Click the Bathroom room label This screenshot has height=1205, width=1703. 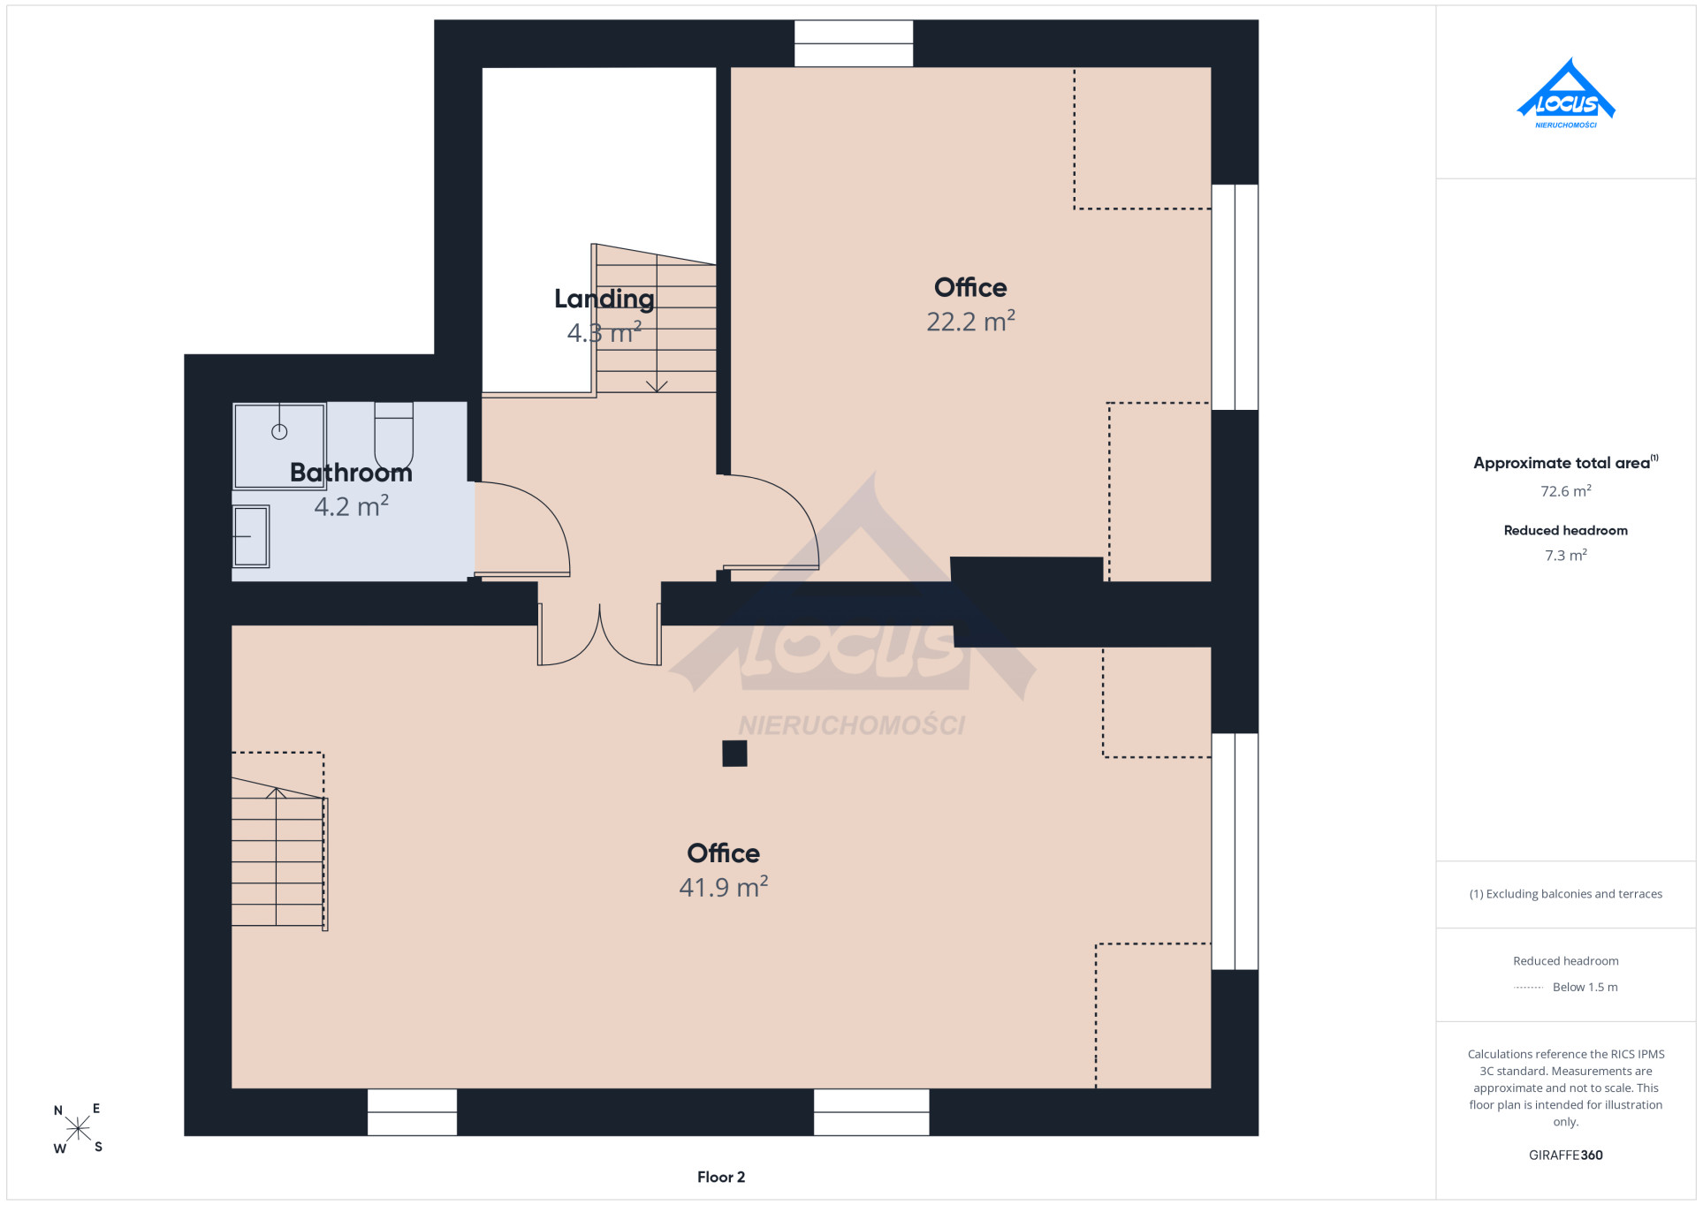[351, 474]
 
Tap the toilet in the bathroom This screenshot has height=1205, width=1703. [393, 436]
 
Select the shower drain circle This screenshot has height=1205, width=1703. [279, 432]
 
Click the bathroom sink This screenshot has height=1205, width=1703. [251, 536]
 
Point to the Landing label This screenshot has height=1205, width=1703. [604, 299]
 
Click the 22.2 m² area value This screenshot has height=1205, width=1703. [970, 321]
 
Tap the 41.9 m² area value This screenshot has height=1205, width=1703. [723, 886]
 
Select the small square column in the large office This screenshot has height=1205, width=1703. [734, 754]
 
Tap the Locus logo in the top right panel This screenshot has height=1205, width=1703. [1566, 94]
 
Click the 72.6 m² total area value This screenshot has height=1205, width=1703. [1566, 491]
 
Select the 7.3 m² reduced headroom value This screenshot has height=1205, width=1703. [1566, 556]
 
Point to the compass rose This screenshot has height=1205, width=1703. [78, 1129]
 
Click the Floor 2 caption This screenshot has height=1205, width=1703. [721, 1177]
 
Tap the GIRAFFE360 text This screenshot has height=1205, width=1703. [1566, 1155]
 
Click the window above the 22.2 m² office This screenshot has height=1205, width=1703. [854, 43]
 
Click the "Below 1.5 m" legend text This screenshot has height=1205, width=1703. [1585, 988]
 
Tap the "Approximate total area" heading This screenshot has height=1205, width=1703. [1562, 463]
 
